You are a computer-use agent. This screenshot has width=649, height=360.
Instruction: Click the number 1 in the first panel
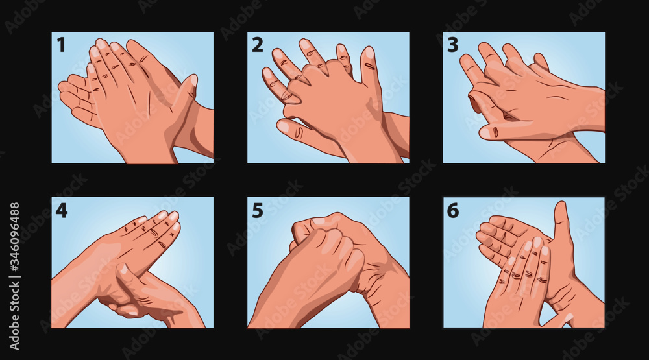click(61, 45)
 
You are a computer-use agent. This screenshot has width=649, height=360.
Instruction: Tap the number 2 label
click(258, 45)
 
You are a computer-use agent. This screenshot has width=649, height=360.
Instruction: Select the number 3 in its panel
click(453, 45)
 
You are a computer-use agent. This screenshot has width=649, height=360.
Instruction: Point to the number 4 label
click(61, 211)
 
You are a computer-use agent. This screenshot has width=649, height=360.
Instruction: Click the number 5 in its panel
click(258, 211)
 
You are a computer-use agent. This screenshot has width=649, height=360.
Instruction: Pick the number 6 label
click(453, 211)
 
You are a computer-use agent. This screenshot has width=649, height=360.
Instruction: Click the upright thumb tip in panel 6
click(561, 206)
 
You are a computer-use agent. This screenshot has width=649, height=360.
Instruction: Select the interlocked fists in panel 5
click(327, 244)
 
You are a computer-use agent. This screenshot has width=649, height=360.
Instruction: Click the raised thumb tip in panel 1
click(192, 80)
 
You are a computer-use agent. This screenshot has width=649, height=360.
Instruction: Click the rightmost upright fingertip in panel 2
click(367, 52)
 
